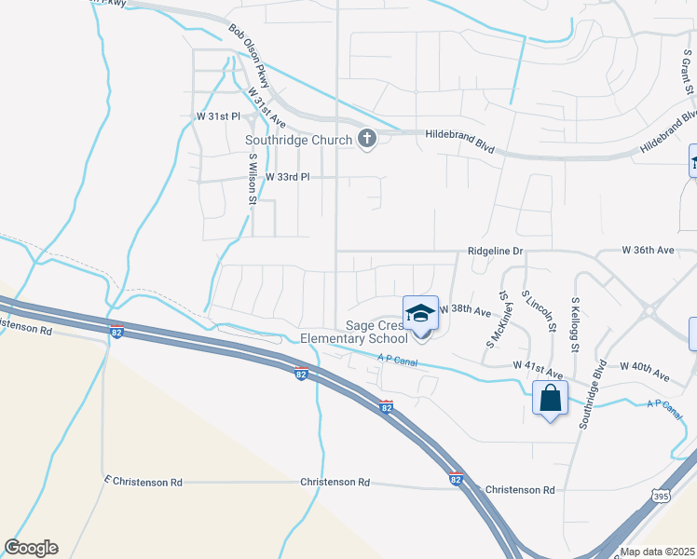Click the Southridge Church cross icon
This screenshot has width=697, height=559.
pyautogui.click(x=367, y=140)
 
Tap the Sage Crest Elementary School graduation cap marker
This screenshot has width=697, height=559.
pyautogui.click(x=420, y=313)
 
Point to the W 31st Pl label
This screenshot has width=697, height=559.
pyautogui.click(x=219, y=116)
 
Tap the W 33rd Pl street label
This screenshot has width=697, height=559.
pyautogui.click(x=287, y=176)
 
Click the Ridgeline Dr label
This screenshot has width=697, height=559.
pyautogui.click(x=496, y=252)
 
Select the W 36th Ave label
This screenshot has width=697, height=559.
pyautogui.click(x=648, y=251)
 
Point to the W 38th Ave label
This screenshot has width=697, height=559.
pyautogui.click(x=465, y=308)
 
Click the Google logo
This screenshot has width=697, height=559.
pyautogui.click(x=31, y=548)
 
